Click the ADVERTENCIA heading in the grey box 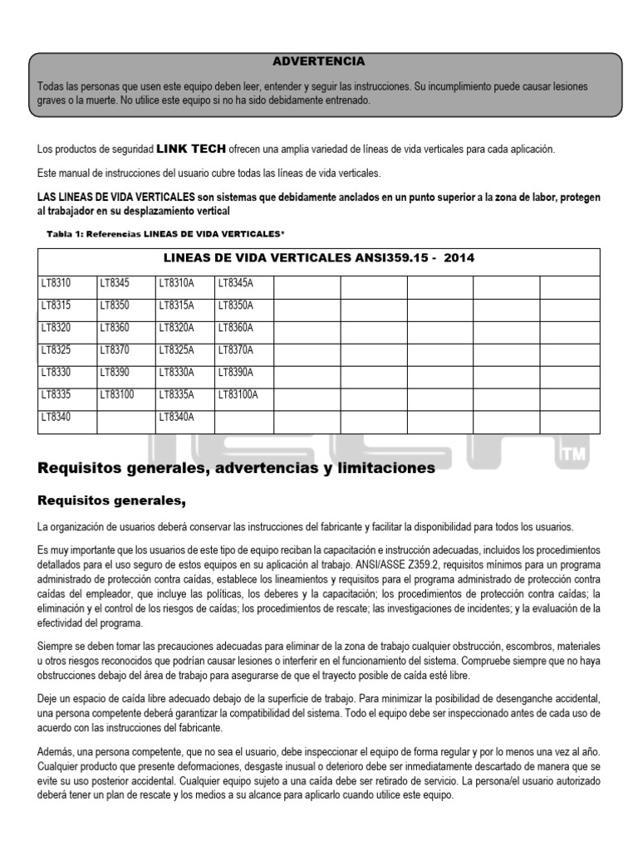click(x=319, y=61)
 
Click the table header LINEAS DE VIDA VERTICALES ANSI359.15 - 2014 click(x=318, y=258)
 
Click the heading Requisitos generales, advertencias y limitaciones click(x=237, y=469)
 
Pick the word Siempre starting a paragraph click(x=56, y=646)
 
